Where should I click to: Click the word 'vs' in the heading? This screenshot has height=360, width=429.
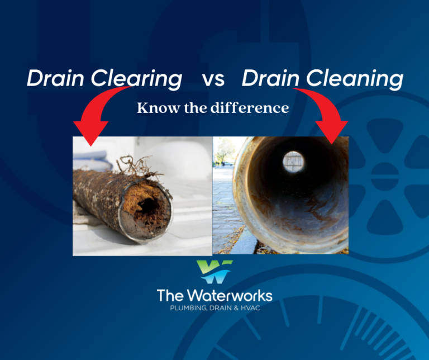coord(213,79)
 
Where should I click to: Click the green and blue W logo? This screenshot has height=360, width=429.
coord(214,272)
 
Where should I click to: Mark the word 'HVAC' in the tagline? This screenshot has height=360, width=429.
coord(254,309)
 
